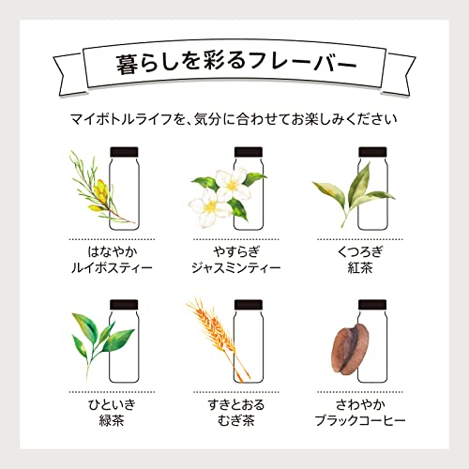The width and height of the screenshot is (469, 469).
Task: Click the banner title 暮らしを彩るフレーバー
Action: (236, 64)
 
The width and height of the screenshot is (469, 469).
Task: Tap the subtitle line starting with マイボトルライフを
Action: (234, 119)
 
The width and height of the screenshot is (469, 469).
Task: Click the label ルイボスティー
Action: (112, 268)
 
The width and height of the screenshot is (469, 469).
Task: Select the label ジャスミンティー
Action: (236, 268)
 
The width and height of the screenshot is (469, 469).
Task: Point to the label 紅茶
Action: (360, 268)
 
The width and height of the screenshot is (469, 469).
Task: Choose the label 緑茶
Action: (112, 420)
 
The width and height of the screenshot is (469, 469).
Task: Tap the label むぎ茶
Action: (236, 420)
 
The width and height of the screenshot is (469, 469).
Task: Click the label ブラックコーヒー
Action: (360, 420)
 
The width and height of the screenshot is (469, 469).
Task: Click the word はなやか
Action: (113, 251)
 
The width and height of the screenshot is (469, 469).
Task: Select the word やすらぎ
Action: (236, 251)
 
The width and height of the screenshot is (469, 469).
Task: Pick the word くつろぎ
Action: (360, 251)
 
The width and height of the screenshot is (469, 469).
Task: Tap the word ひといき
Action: (112, 404)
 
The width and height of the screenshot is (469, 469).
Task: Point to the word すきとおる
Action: (236, 404)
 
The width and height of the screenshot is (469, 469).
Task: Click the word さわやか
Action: (360, 404)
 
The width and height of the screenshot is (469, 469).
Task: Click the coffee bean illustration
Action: (350, 349)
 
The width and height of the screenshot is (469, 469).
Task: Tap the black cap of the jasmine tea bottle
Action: (249, 152)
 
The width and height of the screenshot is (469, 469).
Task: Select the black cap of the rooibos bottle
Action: (124, 152)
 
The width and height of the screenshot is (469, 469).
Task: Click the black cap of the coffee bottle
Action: (372, 305)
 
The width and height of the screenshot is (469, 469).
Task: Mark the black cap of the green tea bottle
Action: (124, 305)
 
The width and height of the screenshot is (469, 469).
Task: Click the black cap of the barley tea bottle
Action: (249, 305)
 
